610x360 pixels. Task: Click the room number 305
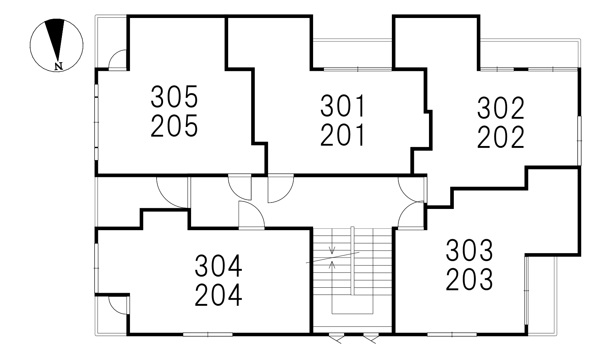(x=174, y=97)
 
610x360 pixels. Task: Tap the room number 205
(x=174, y=126)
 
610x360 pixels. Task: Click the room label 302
(x=501, y=108)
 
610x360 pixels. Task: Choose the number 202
(x=501, y=137)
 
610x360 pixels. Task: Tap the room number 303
(x=469, y=250)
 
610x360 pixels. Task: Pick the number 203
(x=469, y=279)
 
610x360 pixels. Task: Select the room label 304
(x=218, y=266)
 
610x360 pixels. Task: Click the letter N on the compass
(x=59, y=66)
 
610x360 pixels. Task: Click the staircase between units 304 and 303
(x=352, y=278)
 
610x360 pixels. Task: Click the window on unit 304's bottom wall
(x=208, y=334)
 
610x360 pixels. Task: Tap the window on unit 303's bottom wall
(x=452, y=334)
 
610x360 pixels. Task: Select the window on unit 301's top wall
(x=358, y=69)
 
